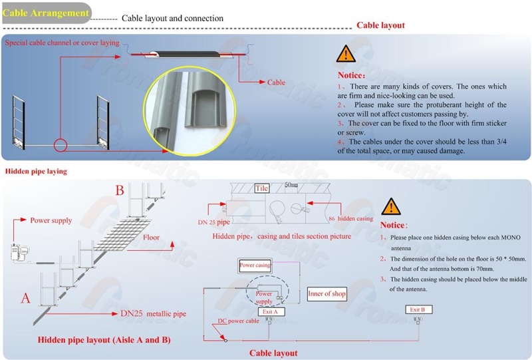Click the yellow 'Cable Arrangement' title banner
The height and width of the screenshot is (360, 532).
[45, 13]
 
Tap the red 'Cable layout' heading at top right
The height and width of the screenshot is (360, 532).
[380, 25]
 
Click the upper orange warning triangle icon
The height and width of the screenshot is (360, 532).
[346, 54]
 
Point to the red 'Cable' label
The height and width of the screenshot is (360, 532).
[276, 83]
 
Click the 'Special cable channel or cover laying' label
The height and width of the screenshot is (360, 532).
[62, 43]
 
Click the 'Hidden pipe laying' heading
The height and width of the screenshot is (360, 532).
[36, 171]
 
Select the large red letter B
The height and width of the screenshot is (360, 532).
[120, 191]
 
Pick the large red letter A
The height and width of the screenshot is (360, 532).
[26, 298]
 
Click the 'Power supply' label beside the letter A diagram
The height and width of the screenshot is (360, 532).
[51, 220]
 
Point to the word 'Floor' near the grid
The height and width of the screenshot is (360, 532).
[152, 237]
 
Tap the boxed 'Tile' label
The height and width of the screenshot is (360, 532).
[261, 188]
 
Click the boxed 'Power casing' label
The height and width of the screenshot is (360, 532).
[255, 266]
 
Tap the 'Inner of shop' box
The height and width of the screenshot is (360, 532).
[327, 293]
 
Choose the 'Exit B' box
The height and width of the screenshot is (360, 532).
[417, 310]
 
